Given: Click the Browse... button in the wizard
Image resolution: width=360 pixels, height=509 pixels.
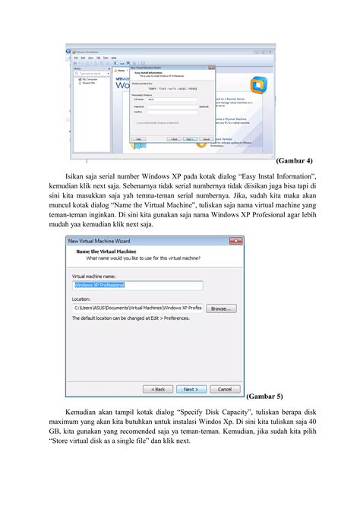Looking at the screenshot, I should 222,309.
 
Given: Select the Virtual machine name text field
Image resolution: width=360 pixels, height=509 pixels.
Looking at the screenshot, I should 137,286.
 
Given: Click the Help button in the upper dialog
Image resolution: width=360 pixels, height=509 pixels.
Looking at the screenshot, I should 138,140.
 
